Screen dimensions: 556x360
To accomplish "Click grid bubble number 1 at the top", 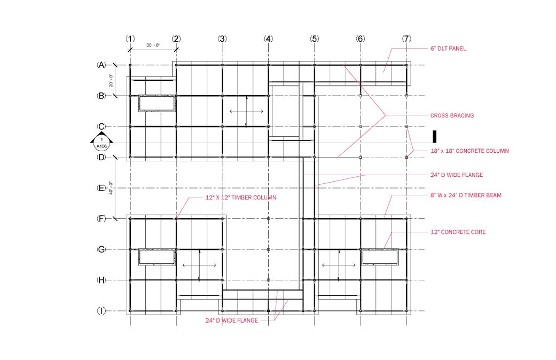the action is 130,38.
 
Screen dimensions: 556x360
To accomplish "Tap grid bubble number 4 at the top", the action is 269,38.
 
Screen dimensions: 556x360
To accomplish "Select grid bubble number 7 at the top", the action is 406,38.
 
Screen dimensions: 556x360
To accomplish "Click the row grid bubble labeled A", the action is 101,65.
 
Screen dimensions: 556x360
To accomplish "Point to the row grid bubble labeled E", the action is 101,188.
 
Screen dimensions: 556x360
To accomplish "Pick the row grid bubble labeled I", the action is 101,311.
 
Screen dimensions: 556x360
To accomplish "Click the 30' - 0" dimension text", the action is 153,45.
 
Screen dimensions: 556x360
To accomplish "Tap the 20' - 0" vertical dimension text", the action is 111,81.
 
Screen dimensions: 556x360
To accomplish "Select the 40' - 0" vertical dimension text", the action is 111,188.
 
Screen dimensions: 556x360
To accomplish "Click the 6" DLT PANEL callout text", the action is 448,49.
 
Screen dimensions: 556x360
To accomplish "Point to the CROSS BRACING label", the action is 452,115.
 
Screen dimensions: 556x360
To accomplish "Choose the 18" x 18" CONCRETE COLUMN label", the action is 469,151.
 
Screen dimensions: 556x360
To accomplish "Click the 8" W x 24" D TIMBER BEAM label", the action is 466,195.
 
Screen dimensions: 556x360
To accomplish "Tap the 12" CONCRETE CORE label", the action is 458,232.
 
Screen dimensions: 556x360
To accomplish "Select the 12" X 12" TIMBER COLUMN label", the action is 241,198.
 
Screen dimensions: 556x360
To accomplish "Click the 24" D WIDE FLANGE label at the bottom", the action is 232,320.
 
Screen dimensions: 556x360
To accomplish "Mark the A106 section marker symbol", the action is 101,141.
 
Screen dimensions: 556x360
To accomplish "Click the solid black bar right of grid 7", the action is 434,137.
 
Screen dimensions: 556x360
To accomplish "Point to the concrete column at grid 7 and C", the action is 406,127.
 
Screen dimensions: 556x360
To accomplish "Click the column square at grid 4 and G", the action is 269,249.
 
